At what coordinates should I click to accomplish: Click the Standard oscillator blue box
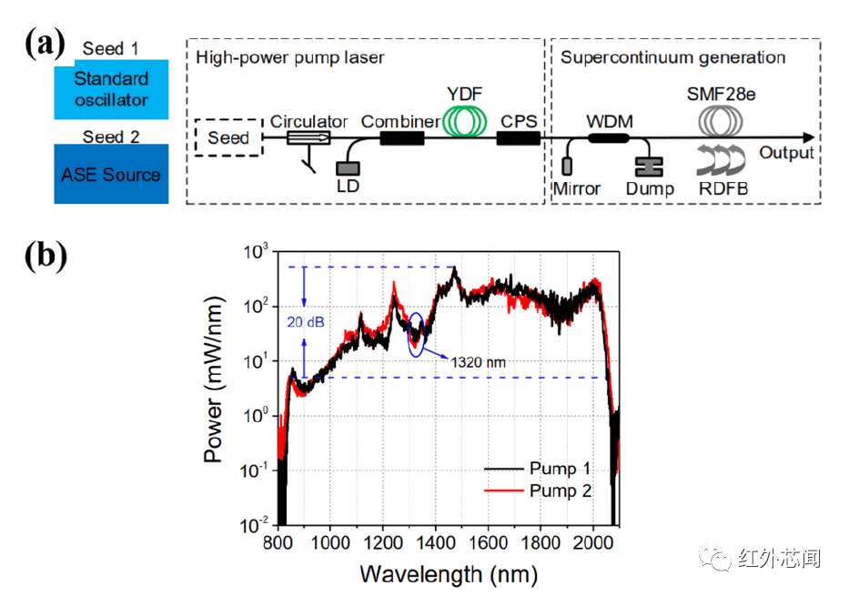click(111, 90)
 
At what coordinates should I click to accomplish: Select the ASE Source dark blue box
click(111, 173)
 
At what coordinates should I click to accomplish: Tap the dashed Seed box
click(227, 138)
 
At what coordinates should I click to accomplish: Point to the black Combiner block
click(401, 138)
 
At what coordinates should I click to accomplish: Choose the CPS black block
click(518, 138)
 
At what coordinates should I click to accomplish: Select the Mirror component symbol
click(567, 166)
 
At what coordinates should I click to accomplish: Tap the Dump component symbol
click(650, 166)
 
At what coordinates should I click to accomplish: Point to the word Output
click(787, 152)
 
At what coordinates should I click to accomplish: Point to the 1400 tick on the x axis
click(435, 544)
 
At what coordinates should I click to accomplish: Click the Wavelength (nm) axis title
click(448, 574)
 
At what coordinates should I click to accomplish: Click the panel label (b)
click(45, 256)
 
